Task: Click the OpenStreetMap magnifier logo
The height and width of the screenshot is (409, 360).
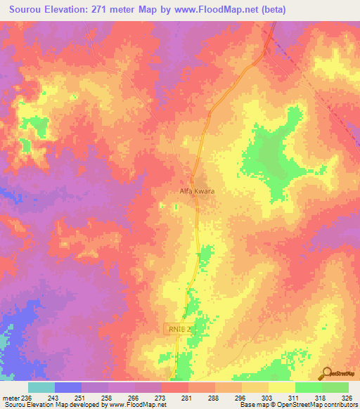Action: point(327,372)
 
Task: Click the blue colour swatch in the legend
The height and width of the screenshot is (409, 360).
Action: point(67,387)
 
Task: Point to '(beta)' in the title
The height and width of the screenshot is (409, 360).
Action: point(303,10)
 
